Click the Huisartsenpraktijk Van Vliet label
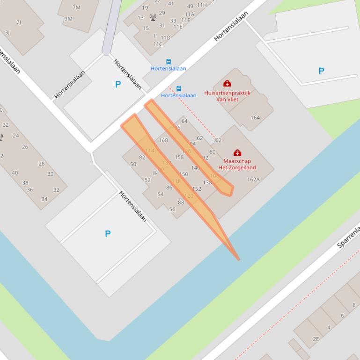tap(227, 96)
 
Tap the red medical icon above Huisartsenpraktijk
tap(227, 84)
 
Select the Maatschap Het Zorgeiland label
tap(237, 164)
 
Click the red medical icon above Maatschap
tap(237, 153)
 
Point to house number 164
tap(255, 117)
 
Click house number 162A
tap(253, 180)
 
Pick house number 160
tap(163, 140)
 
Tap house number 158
tap(179, 157)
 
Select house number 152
tap(197, 189)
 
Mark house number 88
tap(181, 202)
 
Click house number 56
tap(172, 209)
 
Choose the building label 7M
tap(76, 7)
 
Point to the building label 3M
tap(68, 19)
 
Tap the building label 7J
tap(19, 22)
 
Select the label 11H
tap(201, 5)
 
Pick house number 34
tap(44, 199)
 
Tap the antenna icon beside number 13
tap(153, 17)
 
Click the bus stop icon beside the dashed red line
tap(178, 88)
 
